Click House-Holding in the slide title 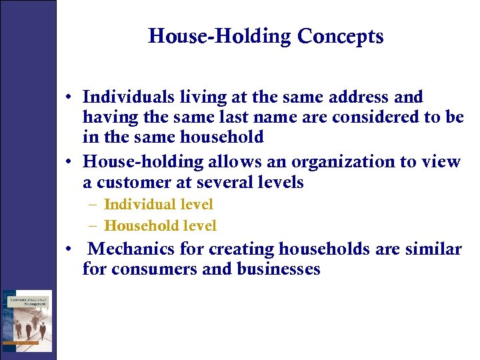(x=219, y=36)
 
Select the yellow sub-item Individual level (x=159, y=205)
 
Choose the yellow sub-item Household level (x=160, y=226)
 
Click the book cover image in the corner (x=27, y=320)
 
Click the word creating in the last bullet (x=241, y=249)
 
